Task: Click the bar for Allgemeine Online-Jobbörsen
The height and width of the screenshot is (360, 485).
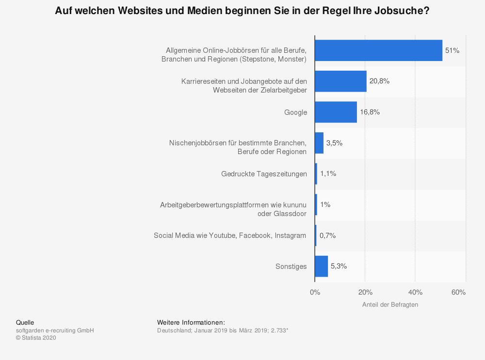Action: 378,50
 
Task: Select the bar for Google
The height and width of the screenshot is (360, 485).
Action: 336,112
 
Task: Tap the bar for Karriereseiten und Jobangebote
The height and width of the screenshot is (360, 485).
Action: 340,81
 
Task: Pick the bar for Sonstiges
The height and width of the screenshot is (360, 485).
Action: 321,266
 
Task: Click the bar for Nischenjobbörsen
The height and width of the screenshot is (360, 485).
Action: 319,143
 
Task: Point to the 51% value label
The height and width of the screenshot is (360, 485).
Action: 452,50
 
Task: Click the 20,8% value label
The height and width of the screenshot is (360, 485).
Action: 379,81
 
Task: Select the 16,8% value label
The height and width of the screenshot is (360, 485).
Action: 370,112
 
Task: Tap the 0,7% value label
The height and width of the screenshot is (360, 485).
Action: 327,235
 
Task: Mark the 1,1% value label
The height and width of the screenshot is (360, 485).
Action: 328,173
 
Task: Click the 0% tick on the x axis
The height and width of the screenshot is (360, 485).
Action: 315,292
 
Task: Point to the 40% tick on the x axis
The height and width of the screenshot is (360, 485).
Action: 415,292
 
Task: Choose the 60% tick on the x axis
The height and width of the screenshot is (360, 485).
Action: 458,292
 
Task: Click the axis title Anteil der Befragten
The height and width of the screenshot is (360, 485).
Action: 390,305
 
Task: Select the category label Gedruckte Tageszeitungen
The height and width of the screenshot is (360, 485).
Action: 264,174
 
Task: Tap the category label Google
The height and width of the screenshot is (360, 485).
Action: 295,112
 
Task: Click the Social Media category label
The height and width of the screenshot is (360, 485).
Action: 230,235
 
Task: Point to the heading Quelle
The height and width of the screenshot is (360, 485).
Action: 25,322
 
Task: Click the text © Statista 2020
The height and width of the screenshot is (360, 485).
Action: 36,338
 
